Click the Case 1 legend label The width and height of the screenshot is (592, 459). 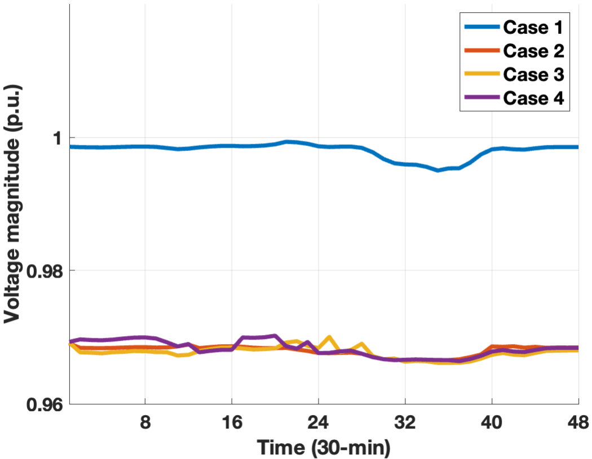533,27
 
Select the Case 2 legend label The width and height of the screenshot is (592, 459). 533,51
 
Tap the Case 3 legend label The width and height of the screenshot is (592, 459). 533,74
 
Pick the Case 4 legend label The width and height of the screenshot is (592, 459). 533,97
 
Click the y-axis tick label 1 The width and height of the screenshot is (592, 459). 55,138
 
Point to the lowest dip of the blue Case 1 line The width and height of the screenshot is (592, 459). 438,170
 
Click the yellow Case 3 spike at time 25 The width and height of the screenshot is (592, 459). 329,337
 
